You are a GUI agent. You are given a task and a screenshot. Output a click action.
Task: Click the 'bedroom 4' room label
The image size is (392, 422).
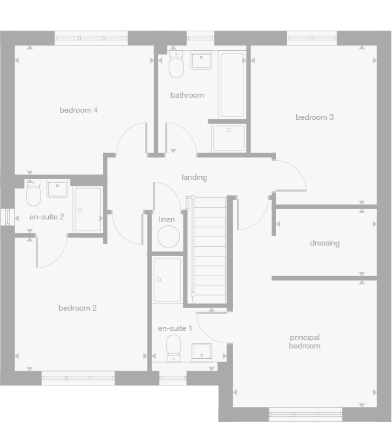(x=78, y=110)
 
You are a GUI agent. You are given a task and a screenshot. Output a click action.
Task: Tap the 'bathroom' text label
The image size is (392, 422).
(x=187, y=95)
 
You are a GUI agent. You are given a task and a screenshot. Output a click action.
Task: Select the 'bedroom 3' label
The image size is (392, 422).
(x=315, y=117)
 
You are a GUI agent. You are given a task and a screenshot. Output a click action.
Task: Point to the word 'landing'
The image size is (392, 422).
(x=194, y=177)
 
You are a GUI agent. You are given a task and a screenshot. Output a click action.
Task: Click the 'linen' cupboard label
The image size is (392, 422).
(x=167, y=219)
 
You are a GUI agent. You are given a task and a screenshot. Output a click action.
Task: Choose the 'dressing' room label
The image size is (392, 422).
(x=324, y=243)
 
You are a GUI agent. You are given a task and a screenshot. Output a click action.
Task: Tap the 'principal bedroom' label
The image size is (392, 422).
(x=305, y=342)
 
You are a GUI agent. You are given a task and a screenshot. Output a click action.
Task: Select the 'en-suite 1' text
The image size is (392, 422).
(x=175, y=328)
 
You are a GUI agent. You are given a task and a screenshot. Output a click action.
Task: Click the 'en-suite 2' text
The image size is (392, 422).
(x=47, y=217)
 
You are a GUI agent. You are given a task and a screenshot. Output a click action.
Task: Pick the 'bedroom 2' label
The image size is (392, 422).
(x=77, y=308)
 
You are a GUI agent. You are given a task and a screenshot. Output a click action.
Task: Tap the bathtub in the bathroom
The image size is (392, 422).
(x=231, y=85)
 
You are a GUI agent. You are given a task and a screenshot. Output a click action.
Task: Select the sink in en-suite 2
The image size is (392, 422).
(x=57, y=189)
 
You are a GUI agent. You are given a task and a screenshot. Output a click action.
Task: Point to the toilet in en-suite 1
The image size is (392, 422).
(x=174, y=348)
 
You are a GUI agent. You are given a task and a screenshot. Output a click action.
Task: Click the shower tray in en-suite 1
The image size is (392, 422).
(x=167, y=280)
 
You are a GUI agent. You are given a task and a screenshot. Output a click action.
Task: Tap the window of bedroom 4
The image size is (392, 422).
(x=91, y=38)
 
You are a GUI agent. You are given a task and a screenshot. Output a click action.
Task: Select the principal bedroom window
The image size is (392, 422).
(x=305, y=412)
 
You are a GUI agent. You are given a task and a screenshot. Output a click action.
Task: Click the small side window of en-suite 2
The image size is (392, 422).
(x=6, y=217)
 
